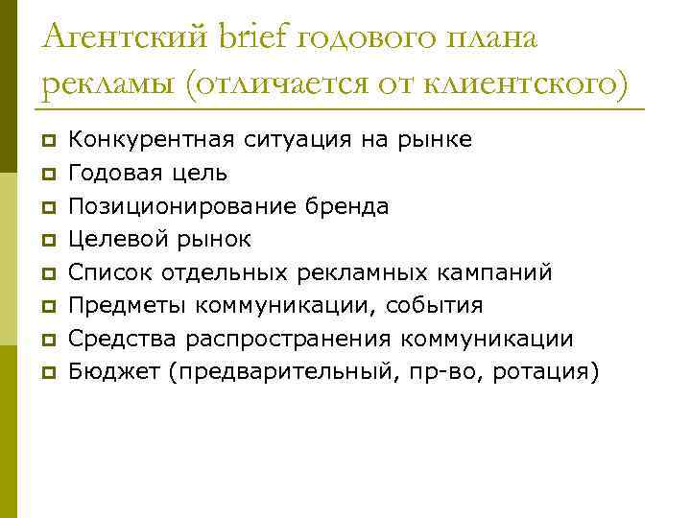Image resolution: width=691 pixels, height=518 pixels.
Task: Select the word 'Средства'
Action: pyautogui.click(x=122, y=339)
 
